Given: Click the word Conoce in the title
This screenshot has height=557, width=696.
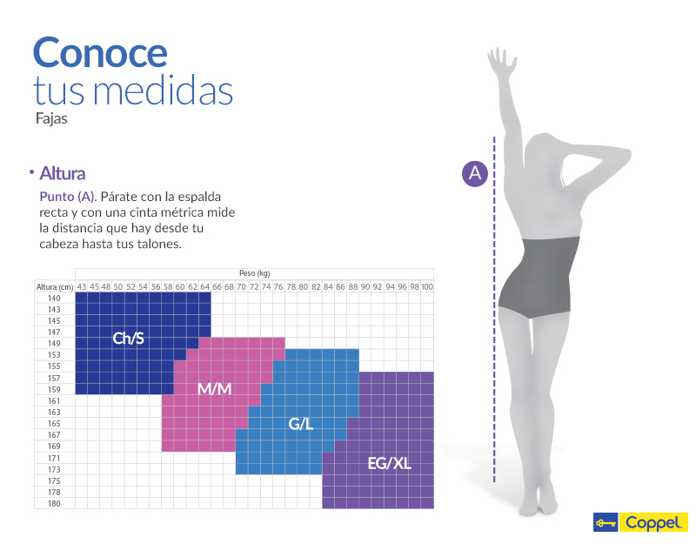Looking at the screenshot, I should point(100,52).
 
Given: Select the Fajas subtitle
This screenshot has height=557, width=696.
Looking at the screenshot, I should point(51,119).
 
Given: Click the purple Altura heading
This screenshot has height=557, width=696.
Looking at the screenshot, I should point(63,174).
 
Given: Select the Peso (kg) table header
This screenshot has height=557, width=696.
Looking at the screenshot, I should point(254,273).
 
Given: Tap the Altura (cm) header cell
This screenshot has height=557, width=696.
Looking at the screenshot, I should point(55,286).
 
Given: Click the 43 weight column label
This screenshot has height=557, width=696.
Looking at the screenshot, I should point(81,286).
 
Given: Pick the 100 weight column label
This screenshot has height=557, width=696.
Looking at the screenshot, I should point(427,286).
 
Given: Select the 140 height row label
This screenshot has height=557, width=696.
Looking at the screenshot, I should point(55,298).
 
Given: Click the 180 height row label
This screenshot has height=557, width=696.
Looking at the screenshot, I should point(55,503).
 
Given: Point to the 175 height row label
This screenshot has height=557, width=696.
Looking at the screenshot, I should point(55,480).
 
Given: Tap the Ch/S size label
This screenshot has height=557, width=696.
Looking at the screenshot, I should point(130,338).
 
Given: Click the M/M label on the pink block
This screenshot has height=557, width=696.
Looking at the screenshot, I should point(214,388).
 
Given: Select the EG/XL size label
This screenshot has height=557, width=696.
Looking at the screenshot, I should point(389,463).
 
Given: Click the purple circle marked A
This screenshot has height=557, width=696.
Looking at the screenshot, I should point(475,173).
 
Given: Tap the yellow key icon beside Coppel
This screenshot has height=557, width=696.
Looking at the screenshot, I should point(605,523).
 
